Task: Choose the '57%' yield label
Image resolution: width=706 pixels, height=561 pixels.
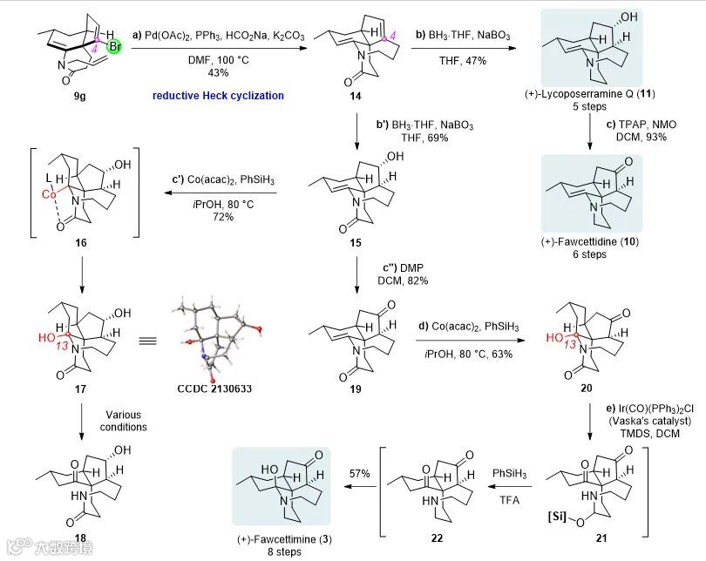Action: click(361, 472)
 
